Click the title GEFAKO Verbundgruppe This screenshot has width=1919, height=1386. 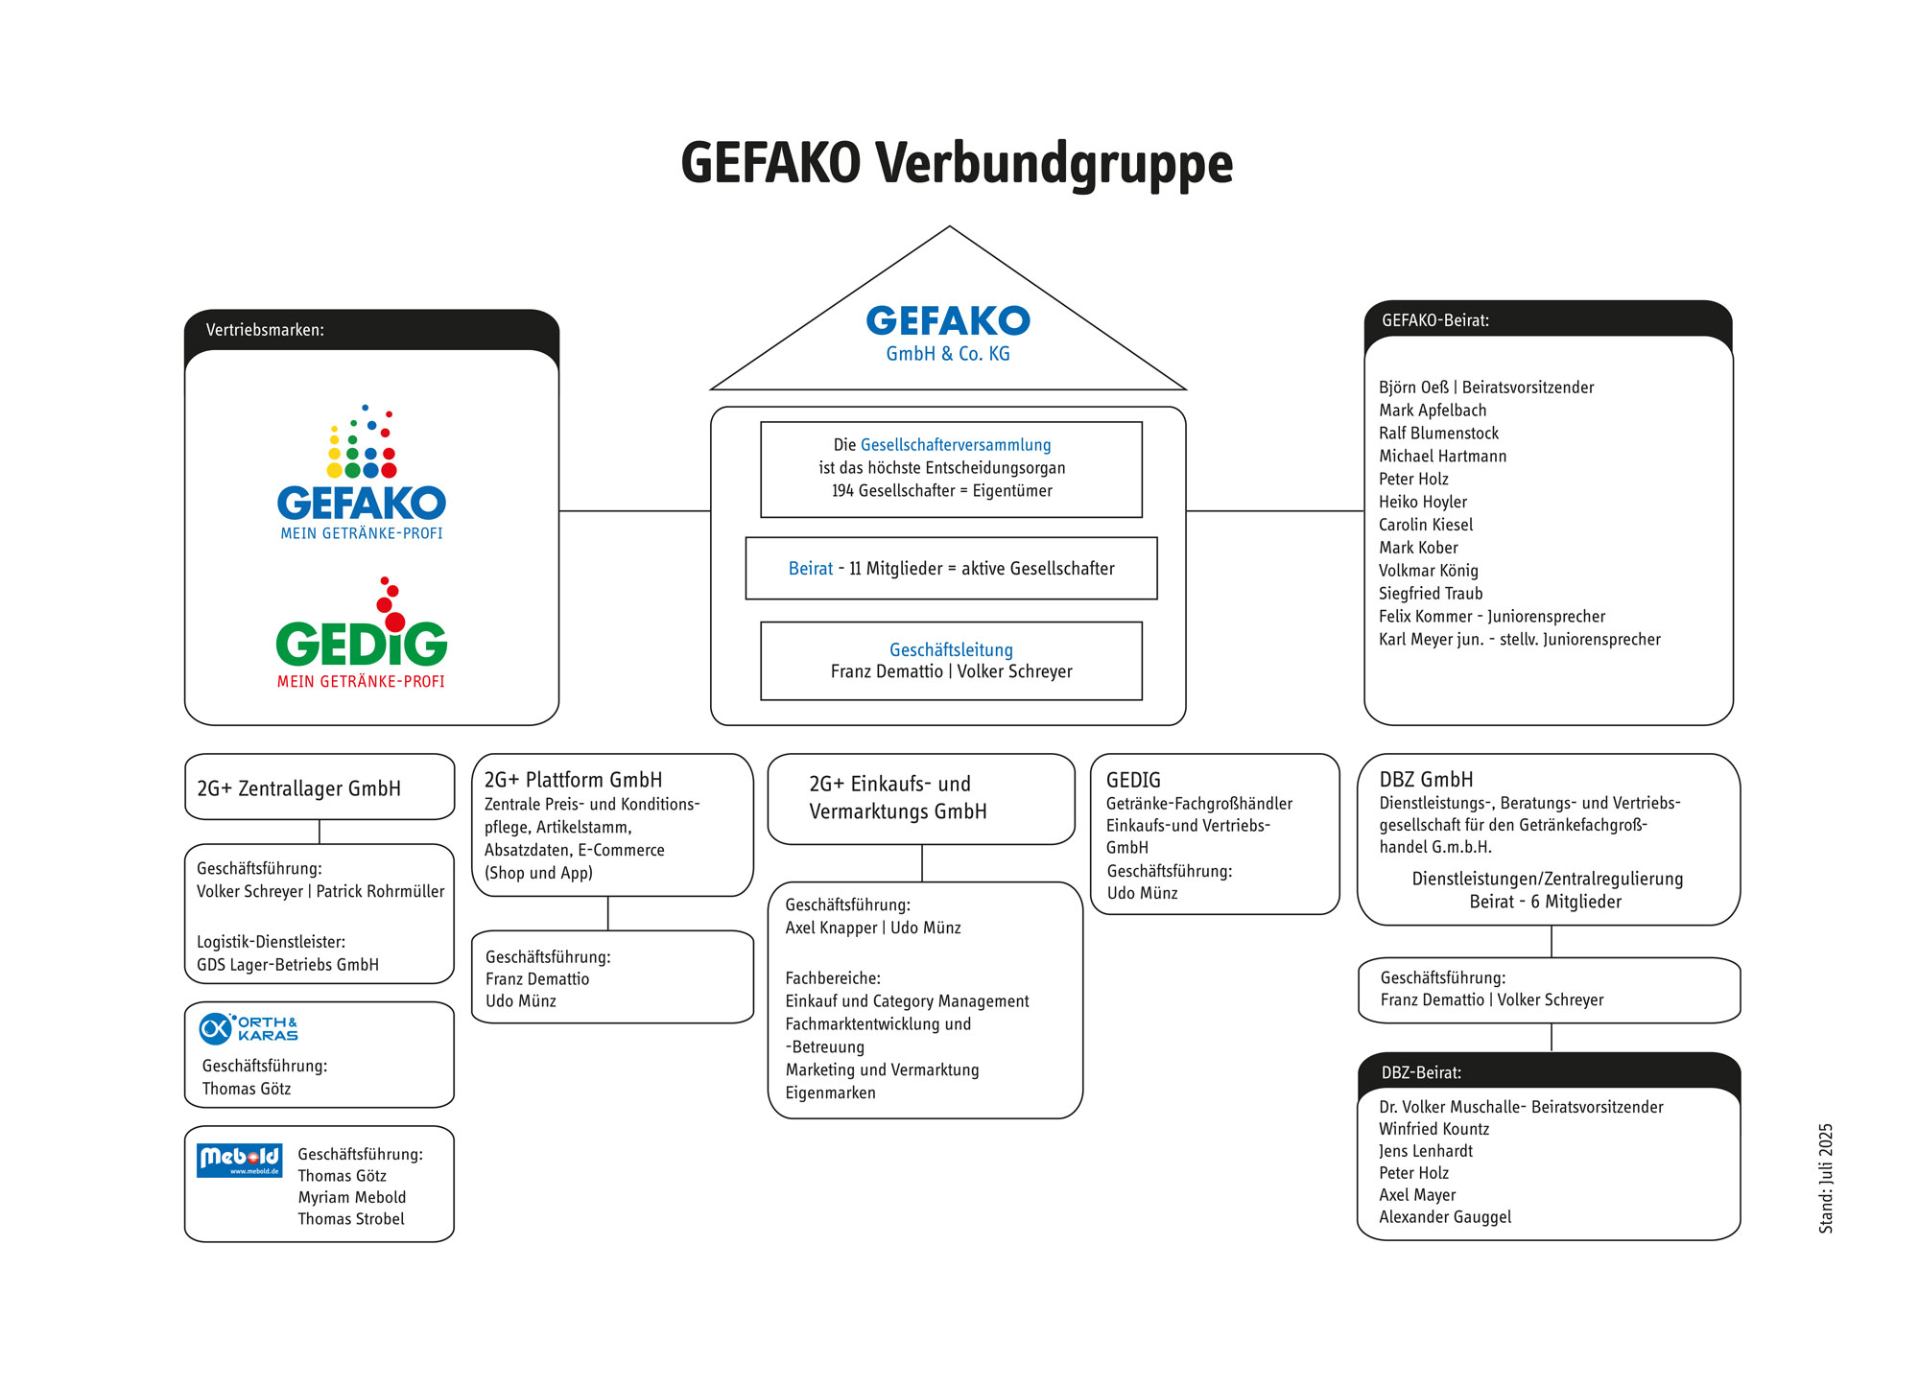(x=957, y=164)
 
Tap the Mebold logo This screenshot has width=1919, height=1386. (x=240, y=1160)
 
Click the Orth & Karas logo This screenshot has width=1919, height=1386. (x=249, y=1028)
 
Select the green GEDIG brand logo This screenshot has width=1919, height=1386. (x=362, y=633)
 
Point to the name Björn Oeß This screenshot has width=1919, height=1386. (x=1414, y=388)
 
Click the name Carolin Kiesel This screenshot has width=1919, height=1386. (x=1426, y=525)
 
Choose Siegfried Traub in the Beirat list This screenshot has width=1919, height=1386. (x=1431, y=594)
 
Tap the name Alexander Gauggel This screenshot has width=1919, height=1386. (x=1445, y=1217)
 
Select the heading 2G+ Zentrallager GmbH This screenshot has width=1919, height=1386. (x=299, y=788)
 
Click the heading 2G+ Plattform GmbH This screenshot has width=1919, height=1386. (x=573, y=780)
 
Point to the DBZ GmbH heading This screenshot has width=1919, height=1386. (x=1426, y=780)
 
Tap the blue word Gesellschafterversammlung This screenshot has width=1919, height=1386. (x=956, y=445)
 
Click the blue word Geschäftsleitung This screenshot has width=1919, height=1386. (x=951, y=649)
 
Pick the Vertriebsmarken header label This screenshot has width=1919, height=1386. (x=265, y=330)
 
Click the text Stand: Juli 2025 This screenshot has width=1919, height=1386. (x=1826, y=1178)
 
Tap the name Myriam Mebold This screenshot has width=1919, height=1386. (x=352, y=1197)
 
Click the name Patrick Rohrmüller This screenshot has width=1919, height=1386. (x=380, y=891)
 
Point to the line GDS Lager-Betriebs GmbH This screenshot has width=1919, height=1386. (x=288, y=965)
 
